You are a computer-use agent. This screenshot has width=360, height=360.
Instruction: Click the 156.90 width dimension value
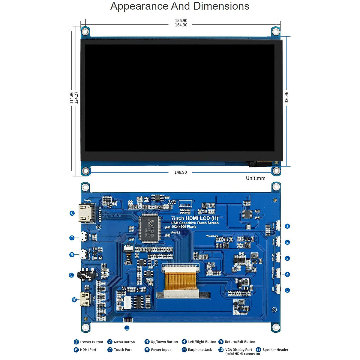click(181, 21)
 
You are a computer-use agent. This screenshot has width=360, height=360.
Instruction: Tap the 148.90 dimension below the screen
click(181, 172)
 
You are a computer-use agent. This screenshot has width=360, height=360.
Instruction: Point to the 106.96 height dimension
click(286, 98)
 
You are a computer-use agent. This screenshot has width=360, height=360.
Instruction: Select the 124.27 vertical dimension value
click(76, 98)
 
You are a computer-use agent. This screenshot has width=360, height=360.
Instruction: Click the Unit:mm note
click(256, 178)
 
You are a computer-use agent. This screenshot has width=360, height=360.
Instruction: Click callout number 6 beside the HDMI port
click(72, 213)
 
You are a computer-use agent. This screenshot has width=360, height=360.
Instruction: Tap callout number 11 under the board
click(127, 328)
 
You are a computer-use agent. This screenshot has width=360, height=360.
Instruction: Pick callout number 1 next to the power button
click(287, 226)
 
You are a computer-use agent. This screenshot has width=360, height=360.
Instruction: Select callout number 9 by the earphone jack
click(71, 275)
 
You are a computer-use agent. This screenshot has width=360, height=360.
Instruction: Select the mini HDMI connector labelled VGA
click(85, 299)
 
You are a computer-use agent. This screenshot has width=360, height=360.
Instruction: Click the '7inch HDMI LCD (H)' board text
click(195, 218)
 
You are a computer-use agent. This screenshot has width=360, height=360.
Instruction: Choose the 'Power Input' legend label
click(161, 350)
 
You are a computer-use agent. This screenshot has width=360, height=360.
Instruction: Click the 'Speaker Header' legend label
click(275, 350)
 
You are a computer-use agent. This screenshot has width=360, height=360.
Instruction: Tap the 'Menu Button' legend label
click(124, 342)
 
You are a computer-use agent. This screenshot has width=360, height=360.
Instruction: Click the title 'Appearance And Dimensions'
click(180, 6)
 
